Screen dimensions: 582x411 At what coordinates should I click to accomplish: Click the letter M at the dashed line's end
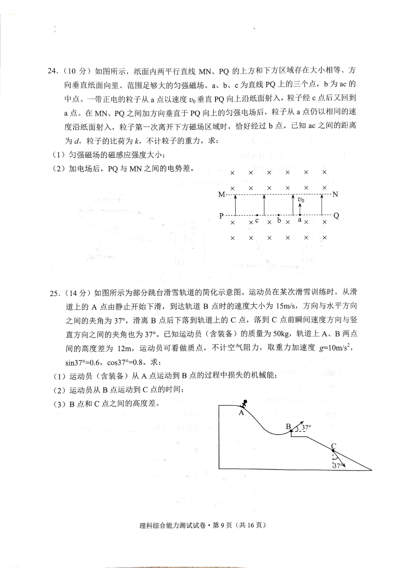pos(221,195)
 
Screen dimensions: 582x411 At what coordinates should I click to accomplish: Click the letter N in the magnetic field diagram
pos(335,195)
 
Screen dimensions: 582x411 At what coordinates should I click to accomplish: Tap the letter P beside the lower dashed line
pos(221,216)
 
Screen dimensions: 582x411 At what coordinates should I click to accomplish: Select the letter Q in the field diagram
pos(336,215)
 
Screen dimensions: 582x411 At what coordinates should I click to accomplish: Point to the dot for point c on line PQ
pos(257,215)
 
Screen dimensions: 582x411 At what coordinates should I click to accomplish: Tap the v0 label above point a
pos(301,200)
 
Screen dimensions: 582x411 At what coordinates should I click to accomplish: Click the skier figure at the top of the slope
pos(245,403)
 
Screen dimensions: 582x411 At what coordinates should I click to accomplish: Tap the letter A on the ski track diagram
pos(241,413)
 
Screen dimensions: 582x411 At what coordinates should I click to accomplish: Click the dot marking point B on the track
pos(291,430)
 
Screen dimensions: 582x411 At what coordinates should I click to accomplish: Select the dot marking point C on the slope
pos(333,450)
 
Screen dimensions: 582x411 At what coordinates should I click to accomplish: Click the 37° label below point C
pos(337,466)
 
